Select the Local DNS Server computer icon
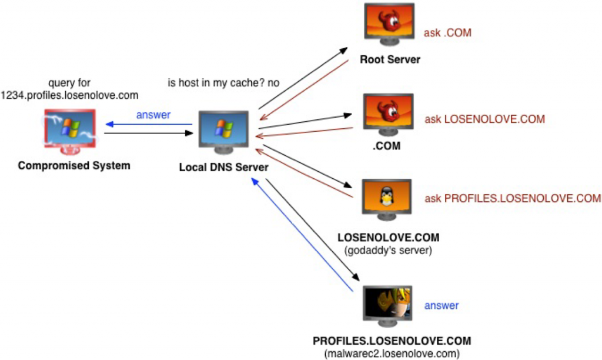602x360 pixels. (223, 133)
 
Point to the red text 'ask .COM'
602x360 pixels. (447, 33)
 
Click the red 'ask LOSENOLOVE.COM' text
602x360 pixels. (485, 119)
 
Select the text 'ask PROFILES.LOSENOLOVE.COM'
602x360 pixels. (513, 198)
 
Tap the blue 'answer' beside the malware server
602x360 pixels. (441, 305)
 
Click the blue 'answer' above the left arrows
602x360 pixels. (153, 115)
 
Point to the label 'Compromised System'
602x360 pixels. (74, 165)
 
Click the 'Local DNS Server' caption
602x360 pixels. (223, 168)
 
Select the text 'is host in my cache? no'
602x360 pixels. (223, 83)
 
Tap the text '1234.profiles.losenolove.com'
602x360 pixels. (69, 95)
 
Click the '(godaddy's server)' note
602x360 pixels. (389, 251)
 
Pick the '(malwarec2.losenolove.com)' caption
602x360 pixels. (392, 353)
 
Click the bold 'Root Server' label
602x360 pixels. (390, 59)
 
